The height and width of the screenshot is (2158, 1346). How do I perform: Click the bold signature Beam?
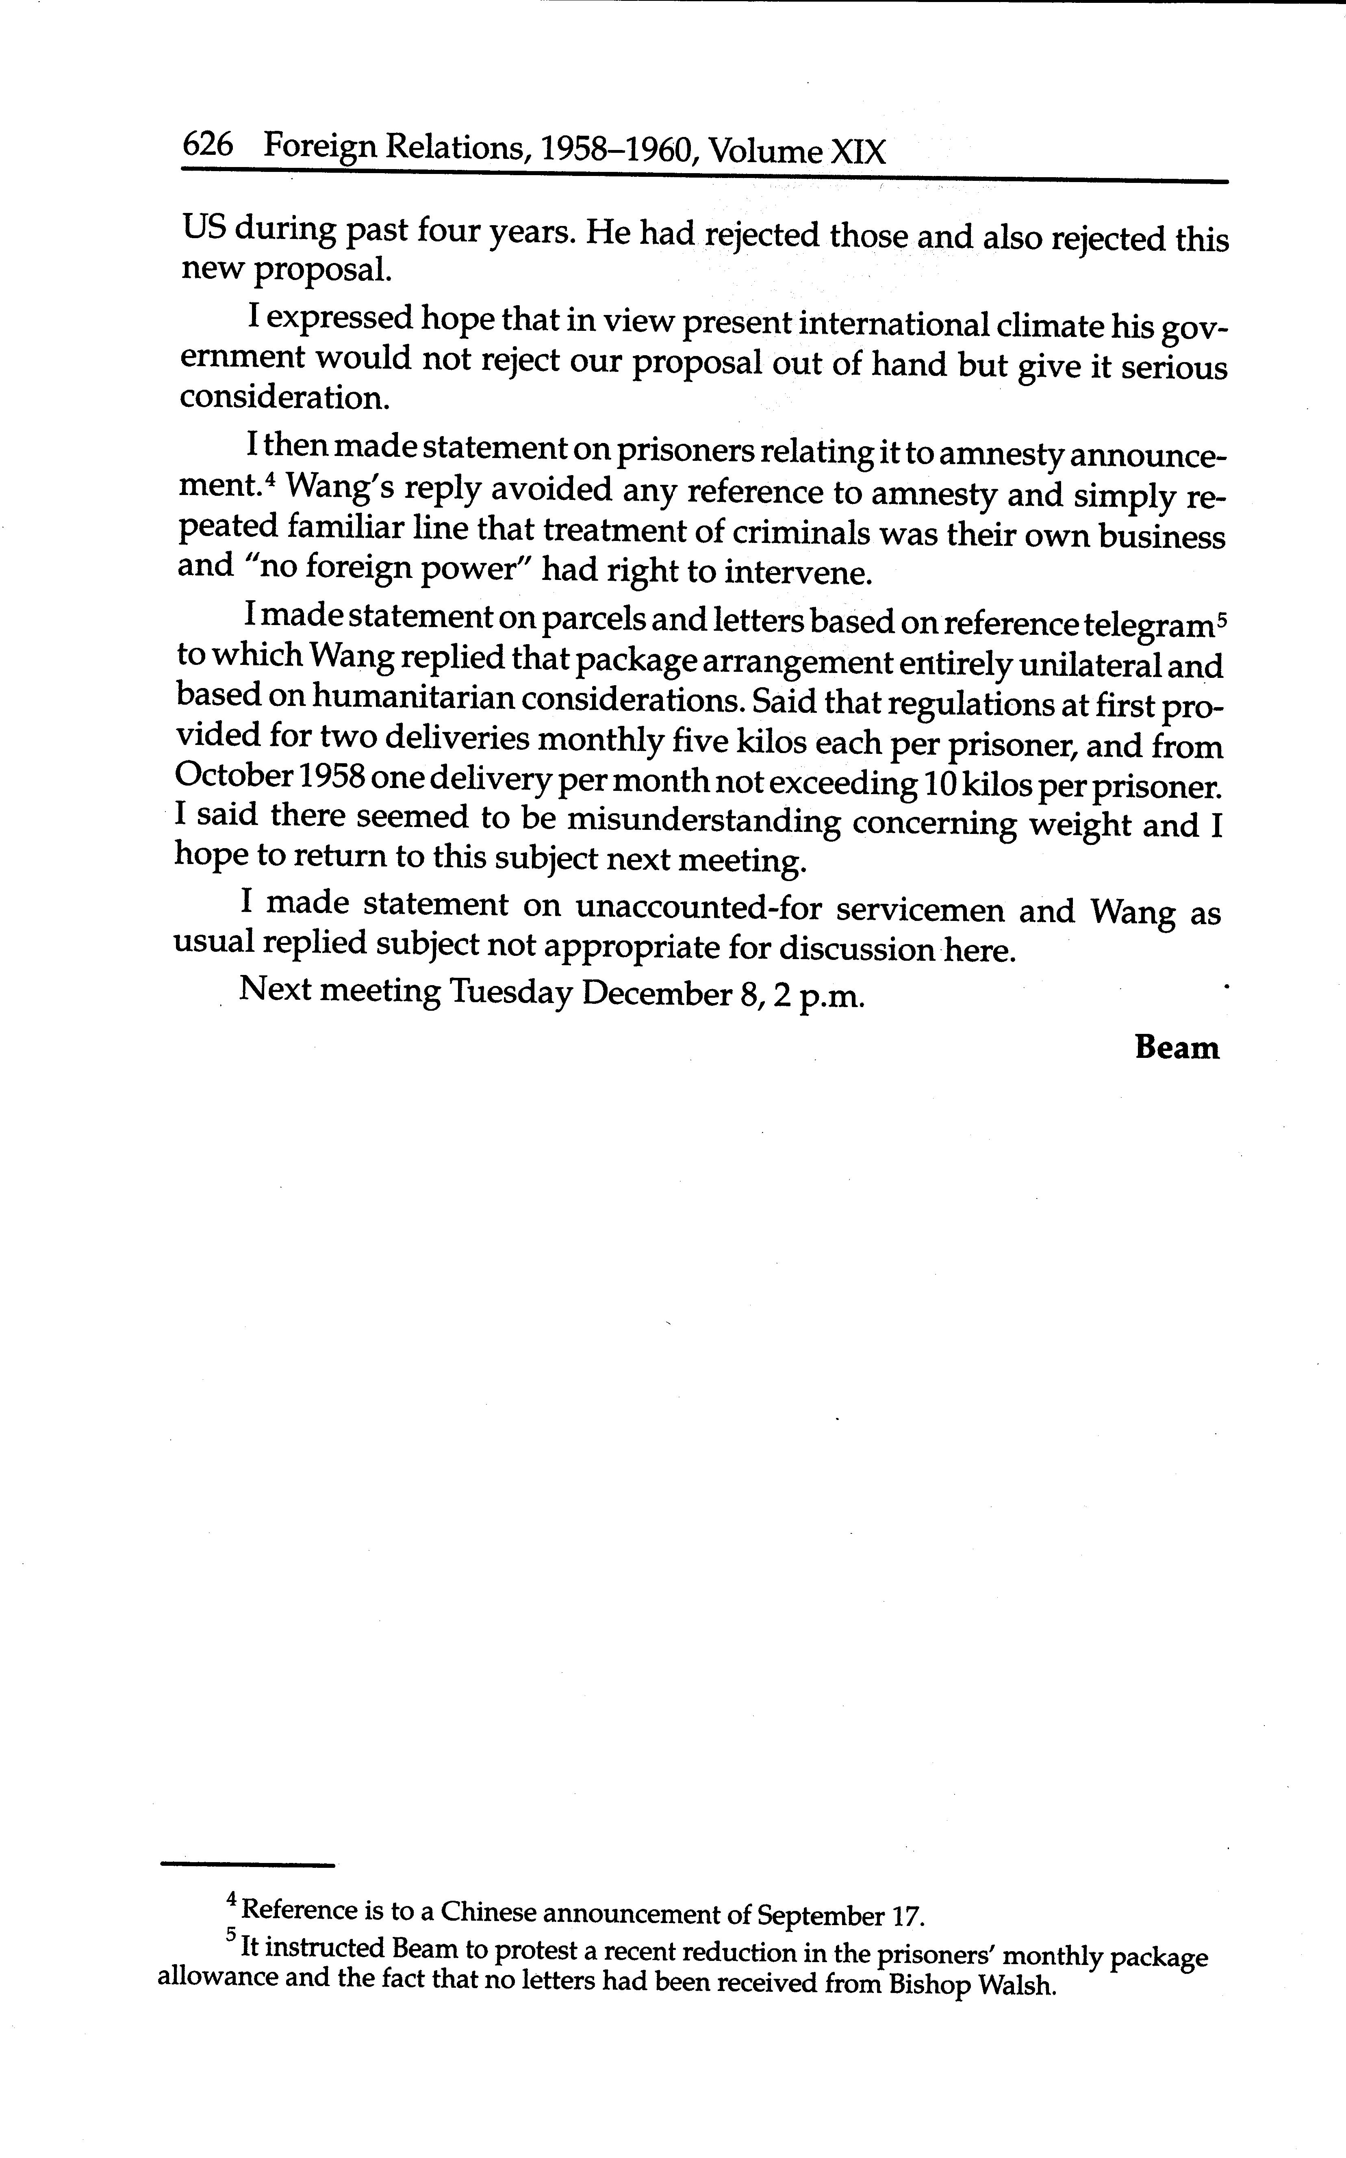point(1176,1048)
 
